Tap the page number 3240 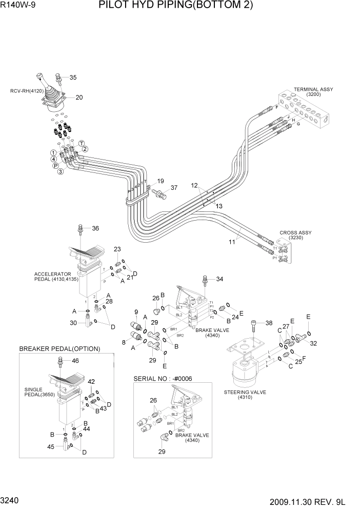click(x=11, y=500)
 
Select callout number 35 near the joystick click(x=73, y=78)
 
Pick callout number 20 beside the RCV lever click(x=79, y=97)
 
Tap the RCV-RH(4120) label click(x=24, y=92)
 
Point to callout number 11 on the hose click(x=231, y=240)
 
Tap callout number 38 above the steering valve click(x=269, y=323)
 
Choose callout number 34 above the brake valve click(x=219, y=279)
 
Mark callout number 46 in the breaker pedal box click(x=75, y=361)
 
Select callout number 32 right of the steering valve click(x=313, y=343)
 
